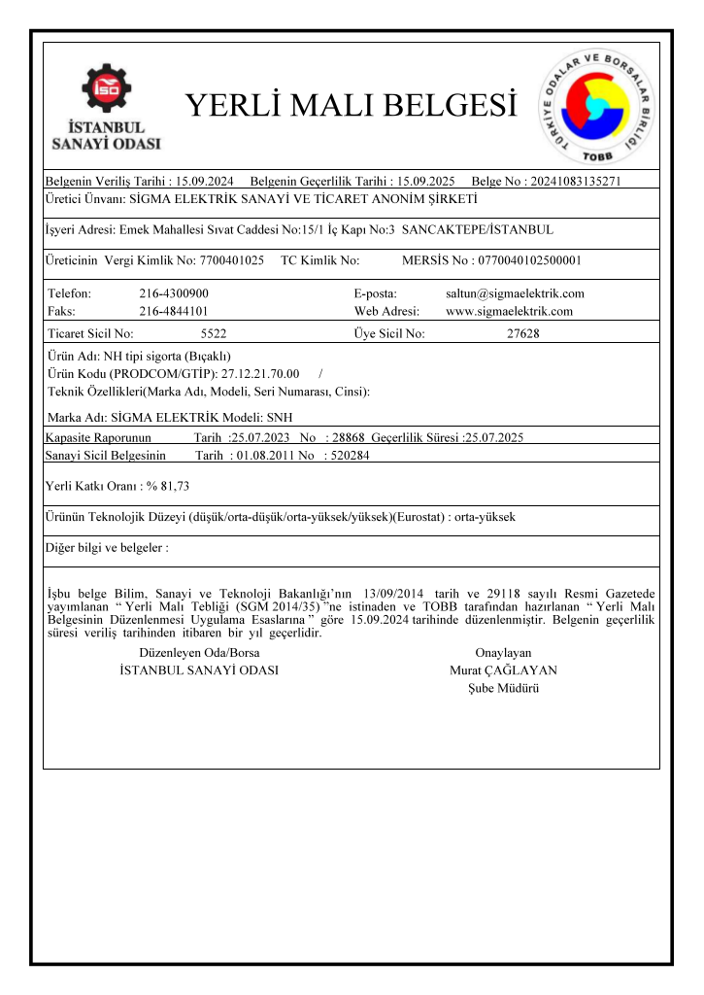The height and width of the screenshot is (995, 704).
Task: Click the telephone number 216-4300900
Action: [174, 293]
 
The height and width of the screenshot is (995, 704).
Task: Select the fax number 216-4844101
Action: [174, 312]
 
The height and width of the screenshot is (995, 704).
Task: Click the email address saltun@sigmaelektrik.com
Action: [515, 293]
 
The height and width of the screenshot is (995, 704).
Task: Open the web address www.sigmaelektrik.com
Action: [509, 312]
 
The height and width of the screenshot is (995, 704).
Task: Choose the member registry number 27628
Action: [523, 334]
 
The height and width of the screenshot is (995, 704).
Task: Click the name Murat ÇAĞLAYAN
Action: [503, 670]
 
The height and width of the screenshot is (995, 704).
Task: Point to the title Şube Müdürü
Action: [503, 688]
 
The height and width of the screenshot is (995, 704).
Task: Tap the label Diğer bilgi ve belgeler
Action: [107, 548]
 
